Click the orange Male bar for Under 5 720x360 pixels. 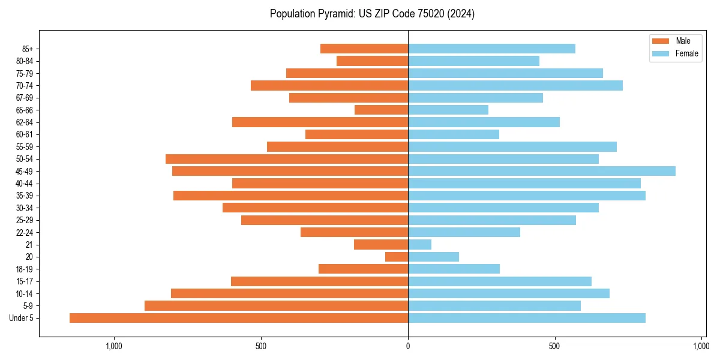(239, 318)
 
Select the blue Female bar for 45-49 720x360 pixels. (542, 171)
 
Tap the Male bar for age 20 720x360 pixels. (397, 257)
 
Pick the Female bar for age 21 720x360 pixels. (419, 244)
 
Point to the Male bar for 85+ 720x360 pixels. (364, 49)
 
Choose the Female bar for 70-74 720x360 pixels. (515, 85)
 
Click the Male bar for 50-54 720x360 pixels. (287, 159)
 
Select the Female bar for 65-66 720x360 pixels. (448, 110)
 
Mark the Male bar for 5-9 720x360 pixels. (276, 305)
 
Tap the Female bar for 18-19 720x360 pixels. (454, 269)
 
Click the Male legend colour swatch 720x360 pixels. (660, 41)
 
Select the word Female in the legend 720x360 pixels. (687, 54)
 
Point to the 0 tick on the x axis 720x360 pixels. (408, 346)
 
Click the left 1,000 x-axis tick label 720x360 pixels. (114, 346)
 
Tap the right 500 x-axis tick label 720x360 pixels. (555, 346)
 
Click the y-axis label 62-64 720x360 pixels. (25, 122)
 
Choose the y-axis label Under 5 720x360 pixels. (22, 318)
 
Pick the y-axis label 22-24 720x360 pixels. (25, 232)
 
